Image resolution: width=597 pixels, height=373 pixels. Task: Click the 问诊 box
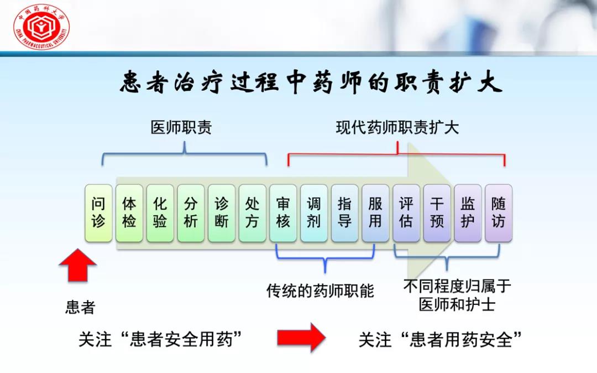[98, 213]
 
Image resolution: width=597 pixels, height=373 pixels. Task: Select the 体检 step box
[129, 213]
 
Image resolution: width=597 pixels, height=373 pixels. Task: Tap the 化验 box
[160, 213]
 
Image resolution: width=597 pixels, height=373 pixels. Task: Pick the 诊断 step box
[222, 213]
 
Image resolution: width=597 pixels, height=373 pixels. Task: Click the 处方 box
[253, 213]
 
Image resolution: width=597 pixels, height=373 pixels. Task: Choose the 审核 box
[283, 213]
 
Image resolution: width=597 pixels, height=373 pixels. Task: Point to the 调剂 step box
[314, 213]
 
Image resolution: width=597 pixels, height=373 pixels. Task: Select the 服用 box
[375, 213]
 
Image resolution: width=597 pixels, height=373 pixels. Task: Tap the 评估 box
[406, 213]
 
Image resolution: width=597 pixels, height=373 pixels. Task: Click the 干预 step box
[437, 213]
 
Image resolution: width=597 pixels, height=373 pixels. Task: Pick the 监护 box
[468, 213]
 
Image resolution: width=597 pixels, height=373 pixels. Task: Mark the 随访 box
[499, 213]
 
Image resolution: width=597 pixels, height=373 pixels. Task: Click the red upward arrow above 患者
[78, 266]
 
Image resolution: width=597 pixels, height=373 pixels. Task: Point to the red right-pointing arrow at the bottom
[301, 337]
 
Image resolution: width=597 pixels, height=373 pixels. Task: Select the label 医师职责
[181, 128]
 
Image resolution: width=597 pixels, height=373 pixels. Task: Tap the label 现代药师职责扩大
[397, 128]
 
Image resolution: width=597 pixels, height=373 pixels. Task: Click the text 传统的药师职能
[320, 290]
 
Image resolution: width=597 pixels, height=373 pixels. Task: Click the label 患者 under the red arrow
[80, 307]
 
